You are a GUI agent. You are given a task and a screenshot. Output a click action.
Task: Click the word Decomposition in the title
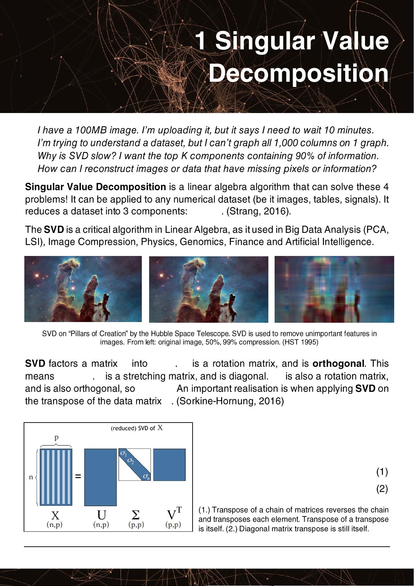click(x=298, y=73)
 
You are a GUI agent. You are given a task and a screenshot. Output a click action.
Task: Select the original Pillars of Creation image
click(x=83, y=289)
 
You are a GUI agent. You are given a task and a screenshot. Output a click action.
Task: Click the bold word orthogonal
click(x=338, y=364)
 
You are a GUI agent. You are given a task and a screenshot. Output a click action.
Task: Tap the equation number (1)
click(x=382, y=472)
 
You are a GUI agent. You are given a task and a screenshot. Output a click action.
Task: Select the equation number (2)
click(x=382, y=489)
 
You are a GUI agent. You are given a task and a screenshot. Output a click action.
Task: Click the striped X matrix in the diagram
click(x=56, y=477)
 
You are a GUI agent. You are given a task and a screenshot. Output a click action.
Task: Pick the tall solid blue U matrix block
click(x=100, y=477)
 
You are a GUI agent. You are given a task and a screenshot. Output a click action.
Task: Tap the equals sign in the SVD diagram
click(x=78, y=476)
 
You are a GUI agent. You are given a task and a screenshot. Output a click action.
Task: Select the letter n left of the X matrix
click(x=31, y=477)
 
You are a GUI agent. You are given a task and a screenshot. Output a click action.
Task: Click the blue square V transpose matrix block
click(x=169, y=465)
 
